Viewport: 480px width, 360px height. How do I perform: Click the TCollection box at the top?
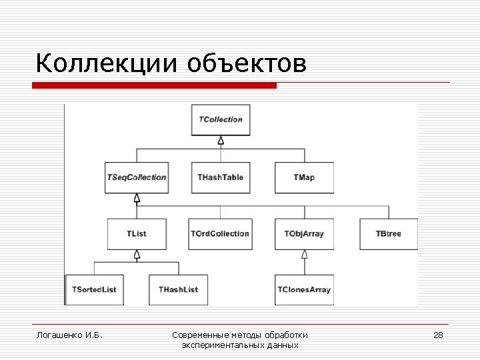tap(221, 120)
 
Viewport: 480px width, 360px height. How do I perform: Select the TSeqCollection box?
tap(137, 177)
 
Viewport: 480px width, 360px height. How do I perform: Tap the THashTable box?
tap(221, 177)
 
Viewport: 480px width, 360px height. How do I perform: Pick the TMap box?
tap(304, 177)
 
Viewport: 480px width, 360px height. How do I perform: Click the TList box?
tap(137, 233)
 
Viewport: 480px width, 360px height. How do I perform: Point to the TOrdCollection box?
tap(220, 233)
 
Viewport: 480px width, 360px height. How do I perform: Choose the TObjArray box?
tap(304, 233)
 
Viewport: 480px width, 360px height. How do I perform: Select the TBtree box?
tap(388, 233)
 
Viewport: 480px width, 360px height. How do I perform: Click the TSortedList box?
tap(94, 289)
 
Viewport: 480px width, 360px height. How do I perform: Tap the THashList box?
tap(178, 289)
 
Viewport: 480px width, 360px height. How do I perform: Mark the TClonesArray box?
tap(304, 289)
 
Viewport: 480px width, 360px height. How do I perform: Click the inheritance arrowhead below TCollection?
tap(221, 140)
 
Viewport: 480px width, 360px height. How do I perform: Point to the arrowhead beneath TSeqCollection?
tap(137, 197)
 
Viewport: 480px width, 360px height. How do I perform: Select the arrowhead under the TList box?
tap(137, 254)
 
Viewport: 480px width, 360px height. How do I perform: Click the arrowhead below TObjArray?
tap(304, 254)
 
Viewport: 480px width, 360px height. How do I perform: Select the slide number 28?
tap(438, 335)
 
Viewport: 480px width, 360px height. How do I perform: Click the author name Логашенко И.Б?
tap(69, 335)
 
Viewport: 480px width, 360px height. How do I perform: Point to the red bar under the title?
tap(154, 85)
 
